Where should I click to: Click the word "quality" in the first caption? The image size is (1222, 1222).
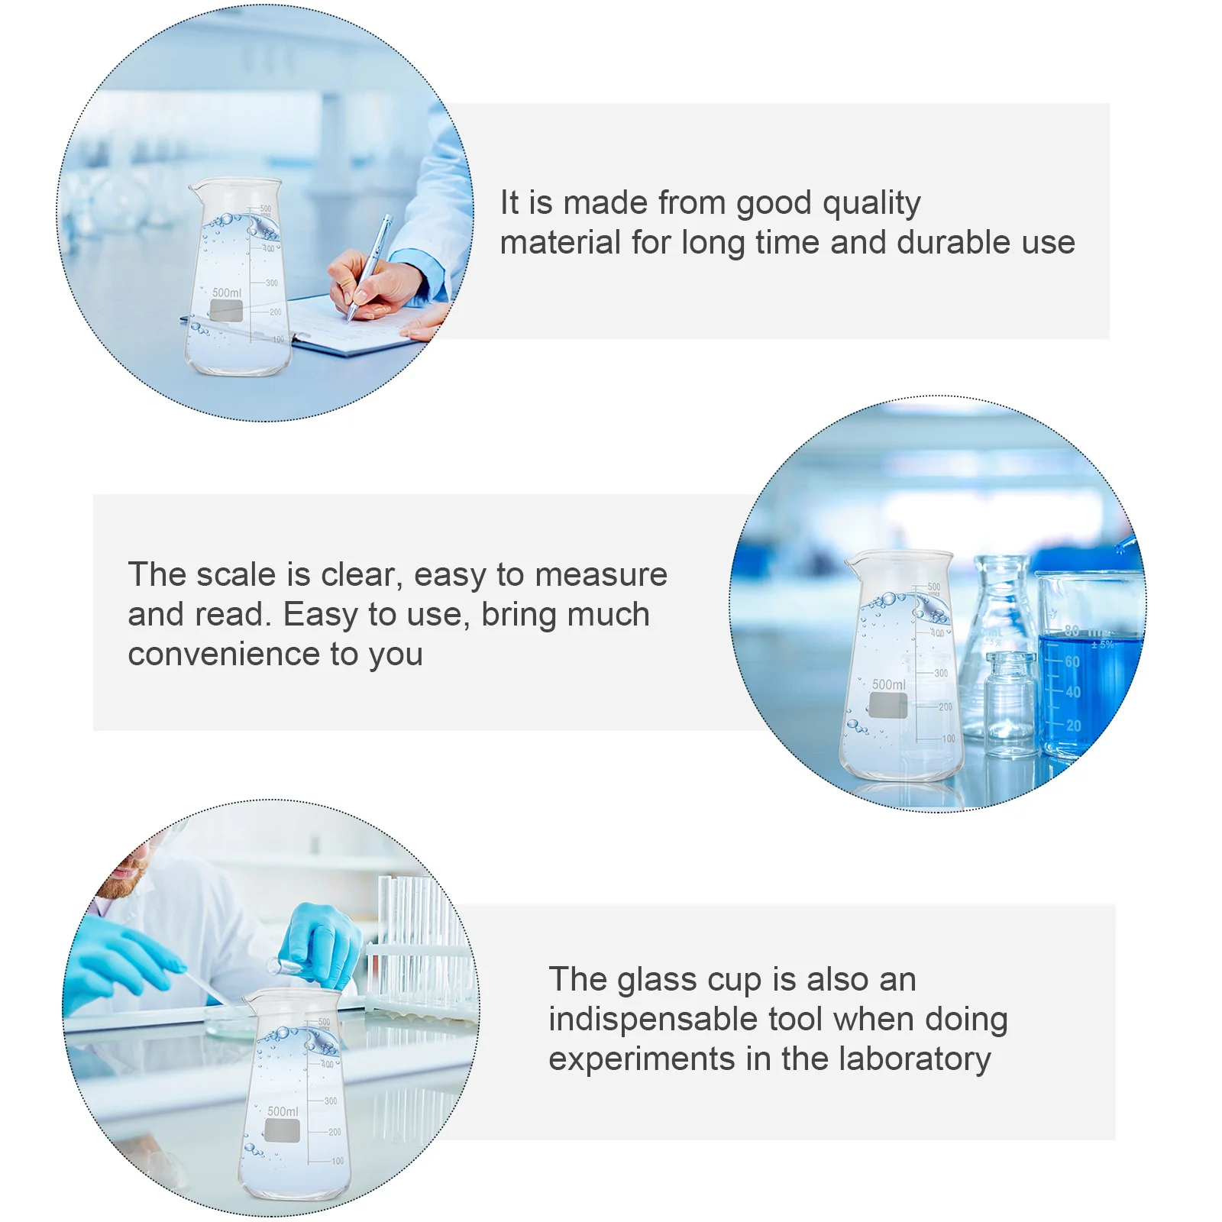tap(871, 204)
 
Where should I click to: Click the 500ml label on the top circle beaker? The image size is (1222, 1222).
tap(226, 293)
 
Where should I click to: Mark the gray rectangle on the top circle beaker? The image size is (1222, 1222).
tap(226, 310)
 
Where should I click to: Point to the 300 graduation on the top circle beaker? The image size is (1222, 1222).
tap(271, 283)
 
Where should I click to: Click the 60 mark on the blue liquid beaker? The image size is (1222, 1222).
tap(1072, 661)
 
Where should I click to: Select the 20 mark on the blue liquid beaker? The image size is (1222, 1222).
tap(1073, 726)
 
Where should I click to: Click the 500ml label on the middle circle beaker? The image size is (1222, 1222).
tap(889, 685)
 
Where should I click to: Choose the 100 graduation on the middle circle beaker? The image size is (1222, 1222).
tap(948, 739)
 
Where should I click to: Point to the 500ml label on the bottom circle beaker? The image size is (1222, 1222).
tap(283, 1112)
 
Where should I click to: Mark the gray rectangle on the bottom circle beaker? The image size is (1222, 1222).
tap(282, 1131)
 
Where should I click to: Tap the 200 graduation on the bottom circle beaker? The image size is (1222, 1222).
tap(335, 1132)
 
